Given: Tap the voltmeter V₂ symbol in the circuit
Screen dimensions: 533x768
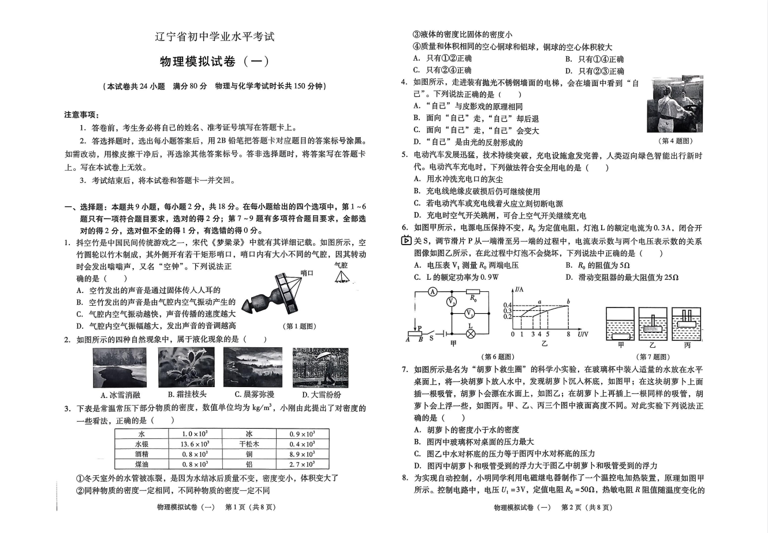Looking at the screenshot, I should [452, 302].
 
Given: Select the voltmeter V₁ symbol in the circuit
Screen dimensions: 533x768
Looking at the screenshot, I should [471, 313].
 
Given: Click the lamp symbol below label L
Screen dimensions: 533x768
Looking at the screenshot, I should [471, 333].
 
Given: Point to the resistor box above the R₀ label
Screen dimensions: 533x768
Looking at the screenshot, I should [472, 292].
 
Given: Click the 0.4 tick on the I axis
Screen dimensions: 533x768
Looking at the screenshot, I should [508, 305].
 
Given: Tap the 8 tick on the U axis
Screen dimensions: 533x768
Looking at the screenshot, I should [568, 335].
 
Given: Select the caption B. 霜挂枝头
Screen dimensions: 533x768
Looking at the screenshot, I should [187, 395].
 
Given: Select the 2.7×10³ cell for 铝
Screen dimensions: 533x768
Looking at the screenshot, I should [301, 464].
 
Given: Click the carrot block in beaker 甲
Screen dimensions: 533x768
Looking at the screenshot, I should [621, 336].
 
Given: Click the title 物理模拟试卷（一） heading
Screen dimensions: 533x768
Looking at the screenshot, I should [214, 61].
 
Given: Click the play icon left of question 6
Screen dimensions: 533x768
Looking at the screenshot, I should [406, 241].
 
